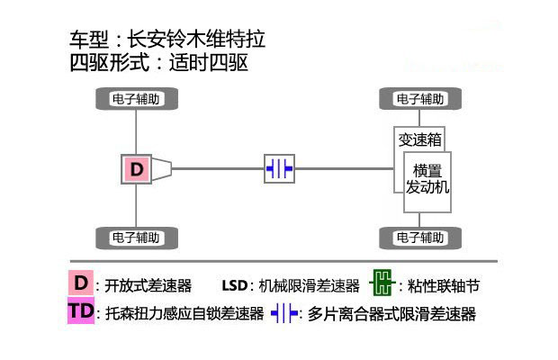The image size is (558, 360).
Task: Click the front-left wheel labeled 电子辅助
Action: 136,99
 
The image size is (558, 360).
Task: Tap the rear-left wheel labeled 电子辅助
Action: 136,238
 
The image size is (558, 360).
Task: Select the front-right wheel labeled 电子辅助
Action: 419,99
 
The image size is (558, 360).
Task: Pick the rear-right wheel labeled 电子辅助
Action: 419,238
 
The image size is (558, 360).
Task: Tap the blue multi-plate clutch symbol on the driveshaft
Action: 279,168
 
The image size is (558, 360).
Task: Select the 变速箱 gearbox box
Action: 419,139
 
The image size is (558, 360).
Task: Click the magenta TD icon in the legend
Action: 81,313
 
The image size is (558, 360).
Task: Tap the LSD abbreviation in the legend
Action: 235,286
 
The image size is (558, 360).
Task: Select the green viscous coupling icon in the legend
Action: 382,285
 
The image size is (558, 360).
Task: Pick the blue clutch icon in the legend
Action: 284,314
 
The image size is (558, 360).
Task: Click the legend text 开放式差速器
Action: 148,286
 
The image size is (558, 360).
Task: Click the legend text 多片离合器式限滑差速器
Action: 391,314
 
